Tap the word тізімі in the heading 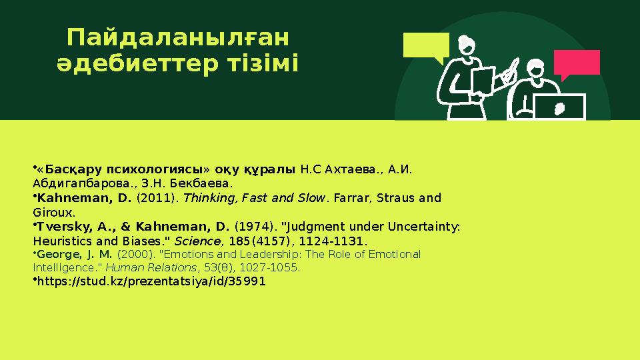coord(265,65)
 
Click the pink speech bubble coord(577,63)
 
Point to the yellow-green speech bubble coord(426,46)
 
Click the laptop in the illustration coord(559,107)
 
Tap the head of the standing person coord(467,47)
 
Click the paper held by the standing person coord(483,81)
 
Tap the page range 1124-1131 coord(338,240)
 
